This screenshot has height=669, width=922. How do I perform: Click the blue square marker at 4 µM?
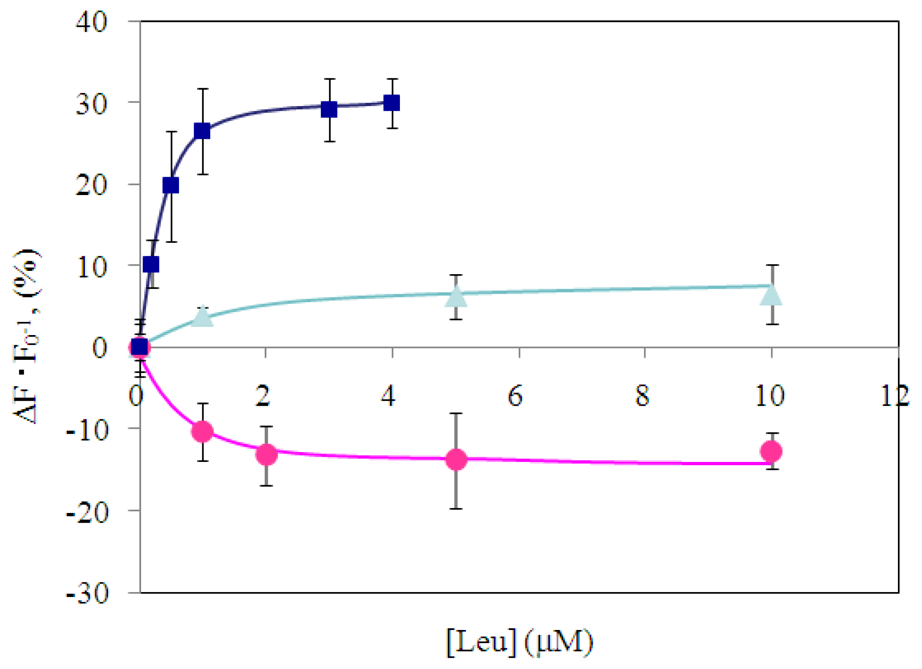point(392,103)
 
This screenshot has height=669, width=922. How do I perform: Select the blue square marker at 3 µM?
point(329,109)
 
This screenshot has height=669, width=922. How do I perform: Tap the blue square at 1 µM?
point(202,131)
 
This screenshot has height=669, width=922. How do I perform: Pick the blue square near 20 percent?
point(171,185)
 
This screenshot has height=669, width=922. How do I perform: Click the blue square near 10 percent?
point(151,265)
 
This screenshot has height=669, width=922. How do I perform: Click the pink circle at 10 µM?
point(771,451)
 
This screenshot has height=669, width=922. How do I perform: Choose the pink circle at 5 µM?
point(456,460)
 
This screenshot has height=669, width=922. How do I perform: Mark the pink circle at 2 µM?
point(266,454)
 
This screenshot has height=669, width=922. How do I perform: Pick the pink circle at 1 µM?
point(202,431)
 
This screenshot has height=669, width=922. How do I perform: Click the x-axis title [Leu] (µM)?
point(520,642)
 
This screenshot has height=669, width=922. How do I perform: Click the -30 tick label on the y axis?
point(87,594)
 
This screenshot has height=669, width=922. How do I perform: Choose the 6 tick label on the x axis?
point(515,396)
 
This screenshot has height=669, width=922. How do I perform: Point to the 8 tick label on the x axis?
point(642,396)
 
